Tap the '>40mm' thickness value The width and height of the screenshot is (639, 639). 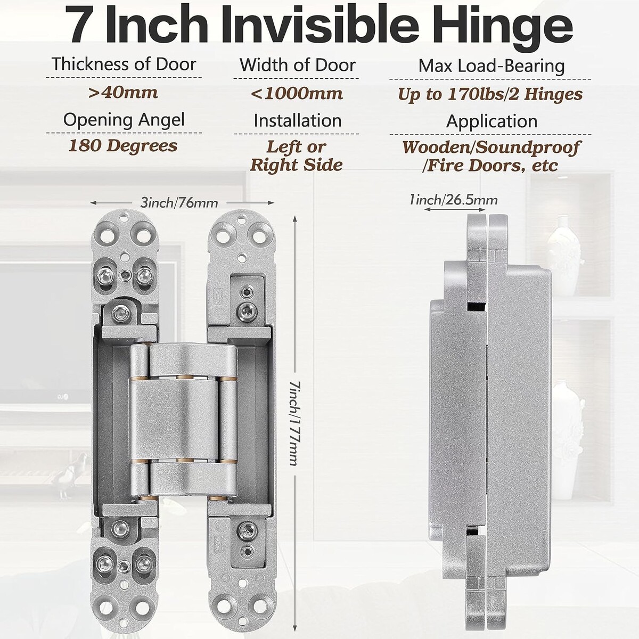(x=123, y=93)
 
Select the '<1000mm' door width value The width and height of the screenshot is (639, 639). (x=297, y=94)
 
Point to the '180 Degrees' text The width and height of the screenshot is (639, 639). (x=123, y=146)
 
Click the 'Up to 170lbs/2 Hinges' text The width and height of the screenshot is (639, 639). (x=490, y=94)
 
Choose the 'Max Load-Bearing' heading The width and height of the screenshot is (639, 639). (x=491, y=65)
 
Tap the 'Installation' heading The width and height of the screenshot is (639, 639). (x=298, y=120)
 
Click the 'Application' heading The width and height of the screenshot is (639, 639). (x=491, y=121)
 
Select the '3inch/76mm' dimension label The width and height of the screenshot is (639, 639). (x=179, y=202)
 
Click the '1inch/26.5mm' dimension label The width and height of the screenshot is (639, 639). (x=454, y=200)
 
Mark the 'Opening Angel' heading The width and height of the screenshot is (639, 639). (x=124, y=120)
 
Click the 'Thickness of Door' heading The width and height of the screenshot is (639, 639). (x=124, y=64)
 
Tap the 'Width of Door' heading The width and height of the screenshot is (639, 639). (x=298, y=64)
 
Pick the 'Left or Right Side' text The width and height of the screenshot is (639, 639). (x=296, y=156)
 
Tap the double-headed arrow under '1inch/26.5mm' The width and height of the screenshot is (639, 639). (x=455, y=209)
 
